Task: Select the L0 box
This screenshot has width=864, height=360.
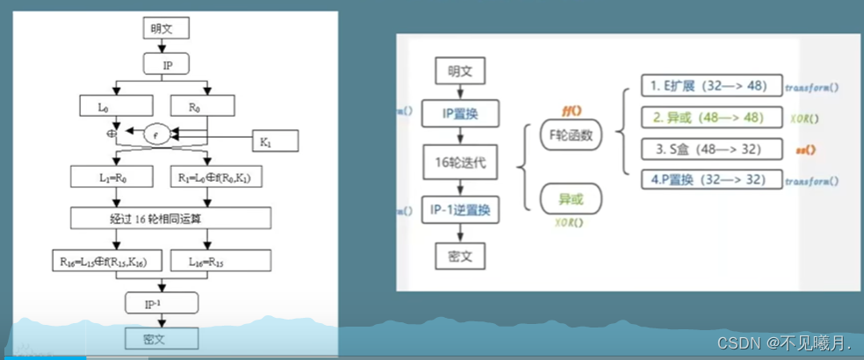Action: (x=116, y=106)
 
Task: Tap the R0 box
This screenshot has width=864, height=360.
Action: (x=202, y=106)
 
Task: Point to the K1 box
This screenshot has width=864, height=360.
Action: (x=277, y=140)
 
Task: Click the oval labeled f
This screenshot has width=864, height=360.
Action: (x=155, y=136)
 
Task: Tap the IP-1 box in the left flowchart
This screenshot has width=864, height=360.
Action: (x=162, y=304)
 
